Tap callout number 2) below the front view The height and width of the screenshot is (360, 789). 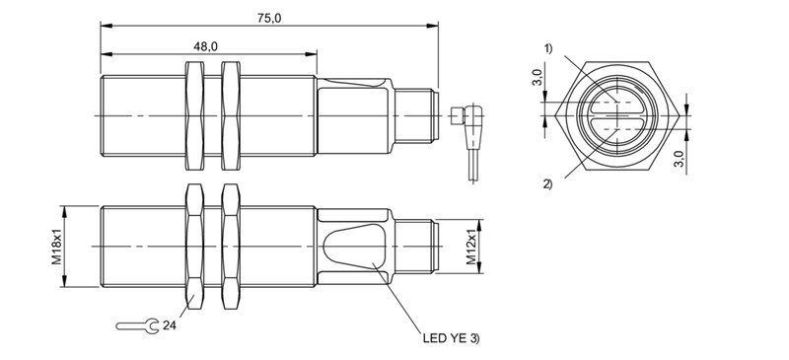tap(547, 183)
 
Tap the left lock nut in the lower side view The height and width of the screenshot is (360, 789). tap(194, 247)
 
